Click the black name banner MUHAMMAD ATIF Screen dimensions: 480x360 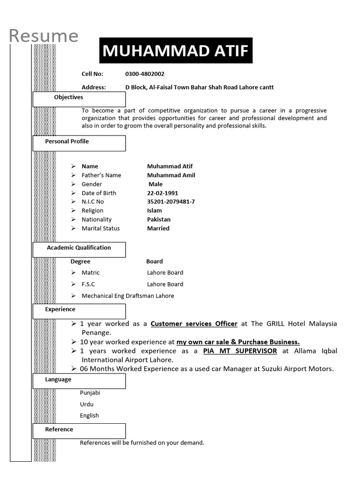pyautogui.click(x=176, y=51)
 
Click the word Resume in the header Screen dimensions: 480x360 pyautogui.click(x=44, y=36)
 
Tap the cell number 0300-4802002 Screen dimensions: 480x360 pyautogui.click(x=144, y=74)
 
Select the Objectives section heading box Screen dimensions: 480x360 pyautogui.click(x=79, y=99)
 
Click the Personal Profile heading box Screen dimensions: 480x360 pyautogui.click(x=79, y=143)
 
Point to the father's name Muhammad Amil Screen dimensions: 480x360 pyautogui.click(x=171, y=175)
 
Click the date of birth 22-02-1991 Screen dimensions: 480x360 pyautogui.click(x=162, y=193)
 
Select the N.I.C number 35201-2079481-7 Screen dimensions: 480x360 pyautogui.click(x=171, y=202)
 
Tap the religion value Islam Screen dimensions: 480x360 pyautogui.click(x=154, y=211)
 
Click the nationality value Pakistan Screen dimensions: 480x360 pyautogui.click(x=158, y=220)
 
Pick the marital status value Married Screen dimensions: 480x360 pyautogui.click(x=158, y=229)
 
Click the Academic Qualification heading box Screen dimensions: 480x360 pyautogui.click(x=79, y=249)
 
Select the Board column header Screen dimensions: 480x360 pyautogui.click(x=154, y=262)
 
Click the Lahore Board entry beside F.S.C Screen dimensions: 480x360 pyautogui.click(x=165, y=285)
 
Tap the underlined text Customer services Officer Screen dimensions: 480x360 pyautogui.click(x=194, y=324)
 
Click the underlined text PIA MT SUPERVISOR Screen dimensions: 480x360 pyautogui.click(x=240, y=351)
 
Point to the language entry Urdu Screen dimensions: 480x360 pyautogui.click(x=87, y=404)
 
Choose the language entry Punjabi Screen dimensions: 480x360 pyautogui.click(x=90, y=393)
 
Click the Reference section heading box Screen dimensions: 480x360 pyautogui.click(x=79, y=431)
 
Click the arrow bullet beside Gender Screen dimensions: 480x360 pyautogui.click(x=73, y=184)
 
